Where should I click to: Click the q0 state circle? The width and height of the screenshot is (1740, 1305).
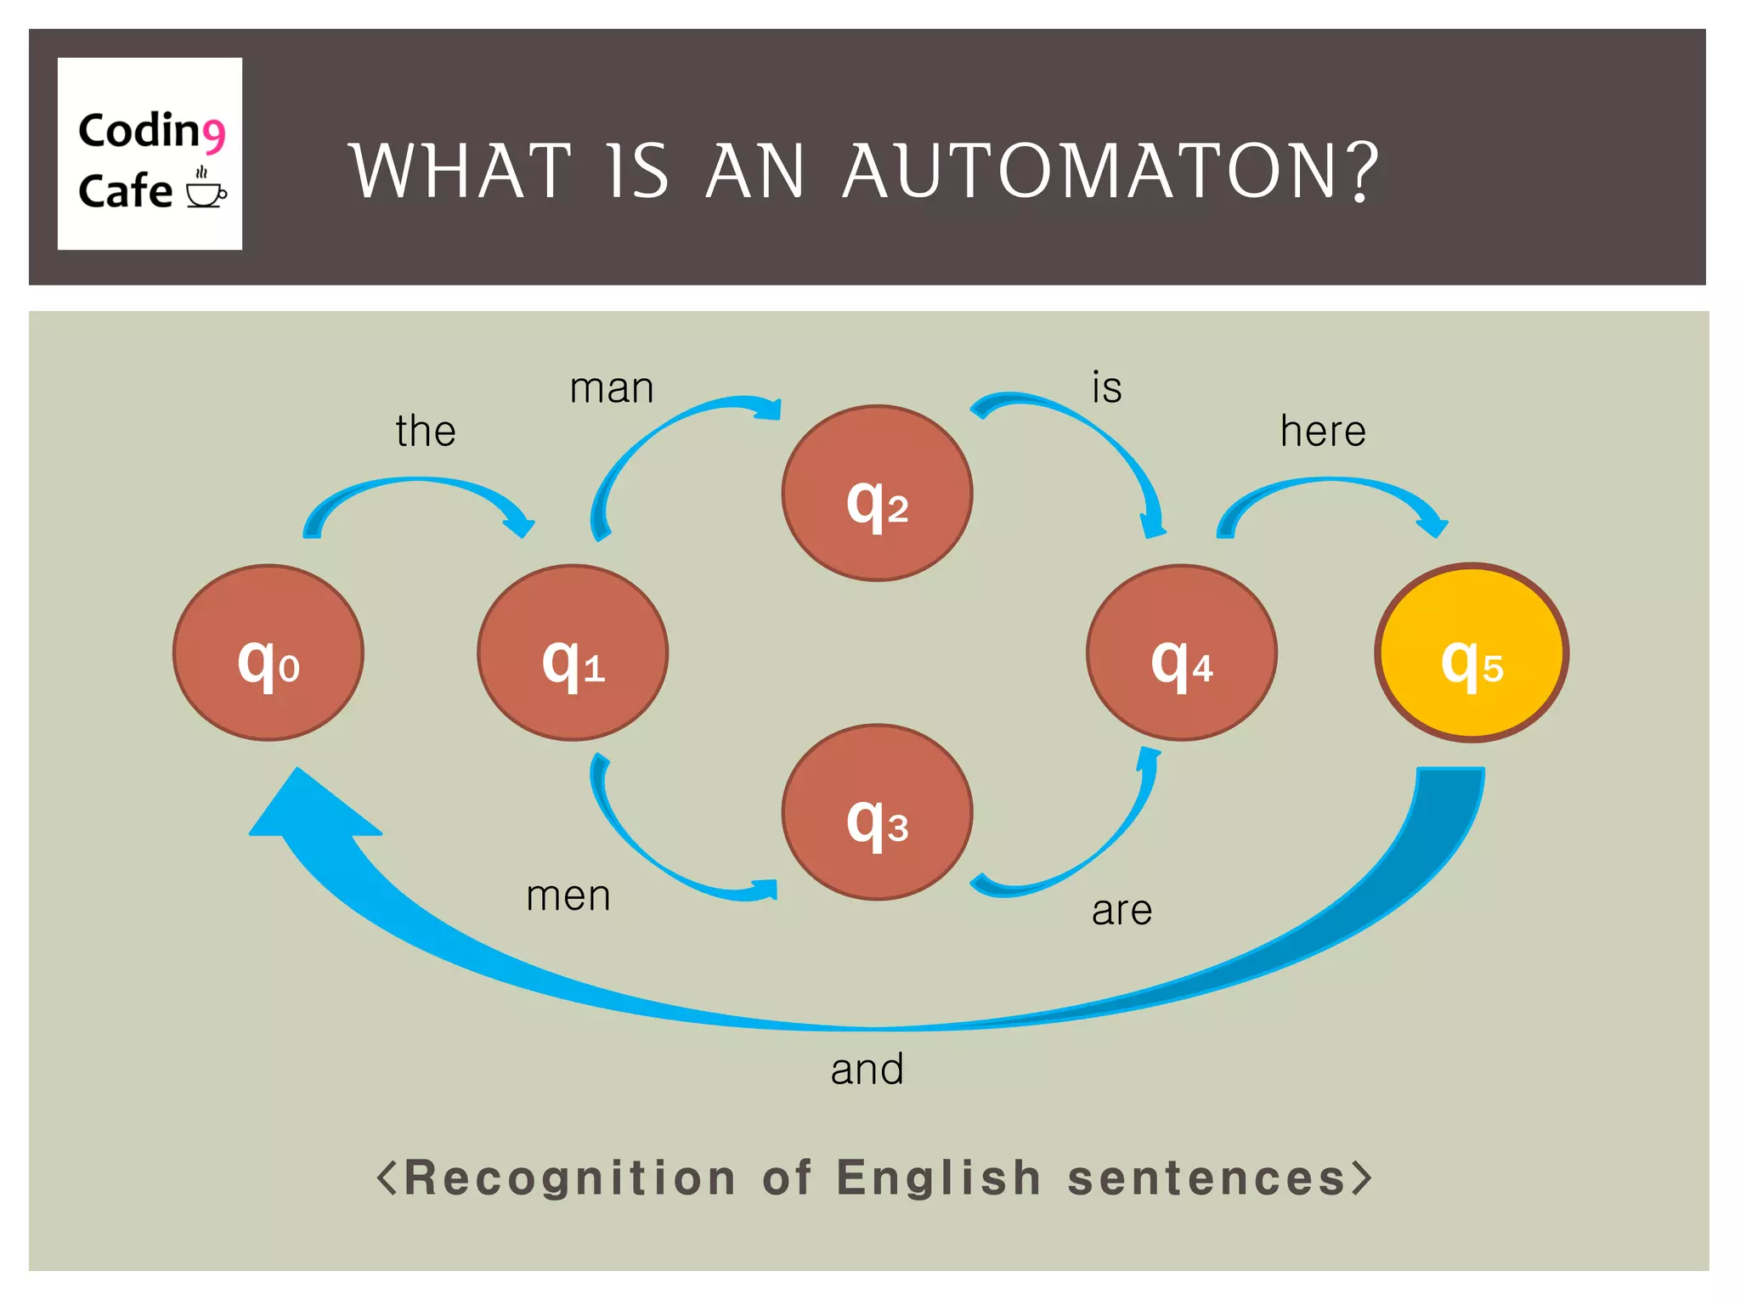268,652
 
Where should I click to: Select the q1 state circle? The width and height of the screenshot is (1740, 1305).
573,652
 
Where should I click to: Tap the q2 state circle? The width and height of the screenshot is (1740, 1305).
877,494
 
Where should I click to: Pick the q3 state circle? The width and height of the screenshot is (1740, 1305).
877,812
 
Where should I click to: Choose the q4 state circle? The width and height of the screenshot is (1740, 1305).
1181,652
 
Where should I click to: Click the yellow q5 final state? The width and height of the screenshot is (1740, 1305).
1472,652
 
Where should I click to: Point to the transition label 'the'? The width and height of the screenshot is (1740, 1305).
426,431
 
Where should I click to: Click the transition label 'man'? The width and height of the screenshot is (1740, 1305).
612,388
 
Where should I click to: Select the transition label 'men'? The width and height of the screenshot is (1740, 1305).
568,895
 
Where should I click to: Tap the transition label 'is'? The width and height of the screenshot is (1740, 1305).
1107,387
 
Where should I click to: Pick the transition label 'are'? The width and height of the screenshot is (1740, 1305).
1121,911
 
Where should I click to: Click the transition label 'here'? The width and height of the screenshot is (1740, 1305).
1323,431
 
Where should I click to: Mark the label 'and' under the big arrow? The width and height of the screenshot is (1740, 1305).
867,1069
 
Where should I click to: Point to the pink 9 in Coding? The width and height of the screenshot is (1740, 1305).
213,134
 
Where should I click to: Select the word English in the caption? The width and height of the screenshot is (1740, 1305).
939,1178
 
